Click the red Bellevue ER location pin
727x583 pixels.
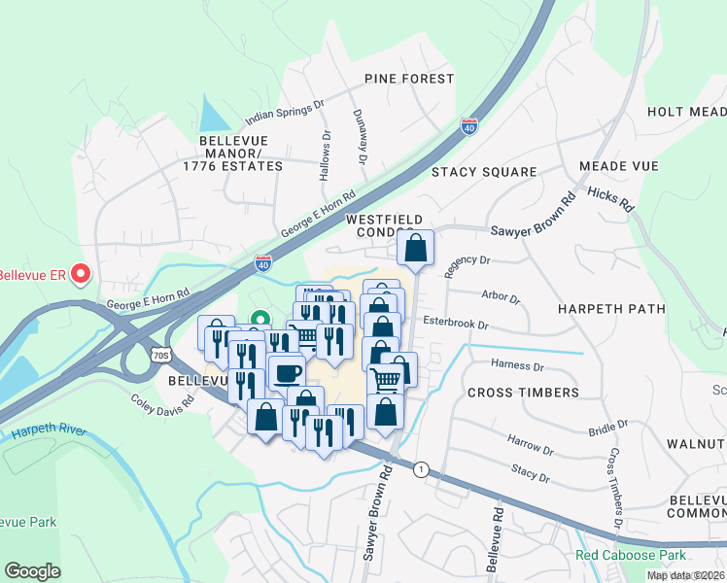coord(80,276)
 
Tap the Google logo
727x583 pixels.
coord(32,571)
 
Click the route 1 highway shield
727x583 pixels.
coord(419,469)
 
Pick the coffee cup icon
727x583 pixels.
coord(287,372)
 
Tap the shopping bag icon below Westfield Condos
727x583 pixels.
coord(416,248)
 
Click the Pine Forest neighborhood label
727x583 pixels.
coord(409,78)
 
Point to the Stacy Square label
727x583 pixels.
coord(484,172)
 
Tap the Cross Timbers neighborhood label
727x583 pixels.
coord(523,393)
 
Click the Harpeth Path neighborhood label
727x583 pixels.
coord(611,309)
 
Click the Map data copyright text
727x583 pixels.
coord(686,575)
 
